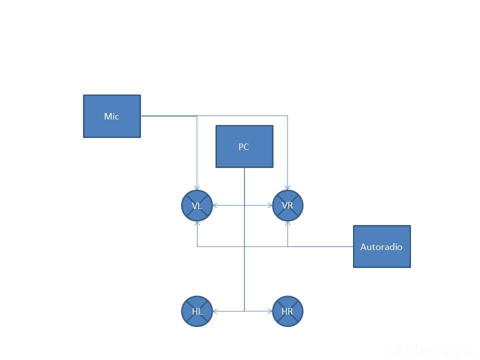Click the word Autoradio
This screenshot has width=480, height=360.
coord(381,247)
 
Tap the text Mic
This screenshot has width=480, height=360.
coord(111,116)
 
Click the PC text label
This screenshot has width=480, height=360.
coord(244,147)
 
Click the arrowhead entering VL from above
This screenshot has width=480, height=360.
coord(197,187)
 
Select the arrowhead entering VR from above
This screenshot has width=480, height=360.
coord(287,187)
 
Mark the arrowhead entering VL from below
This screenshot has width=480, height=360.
coord(197,223)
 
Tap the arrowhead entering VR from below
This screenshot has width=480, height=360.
coord(287,223)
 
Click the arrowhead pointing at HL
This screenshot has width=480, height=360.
coord(215,311)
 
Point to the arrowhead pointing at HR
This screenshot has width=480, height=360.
coord(270,311)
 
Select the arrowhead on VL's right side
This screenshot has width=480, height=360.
coord(215,205)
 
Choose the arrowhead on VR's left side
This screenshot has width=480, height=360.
coord(270,205)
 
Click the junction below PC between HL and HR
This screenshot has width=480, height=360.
coord(244,311)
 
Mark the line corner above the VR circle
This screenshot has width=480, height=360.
coord(287,116)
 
